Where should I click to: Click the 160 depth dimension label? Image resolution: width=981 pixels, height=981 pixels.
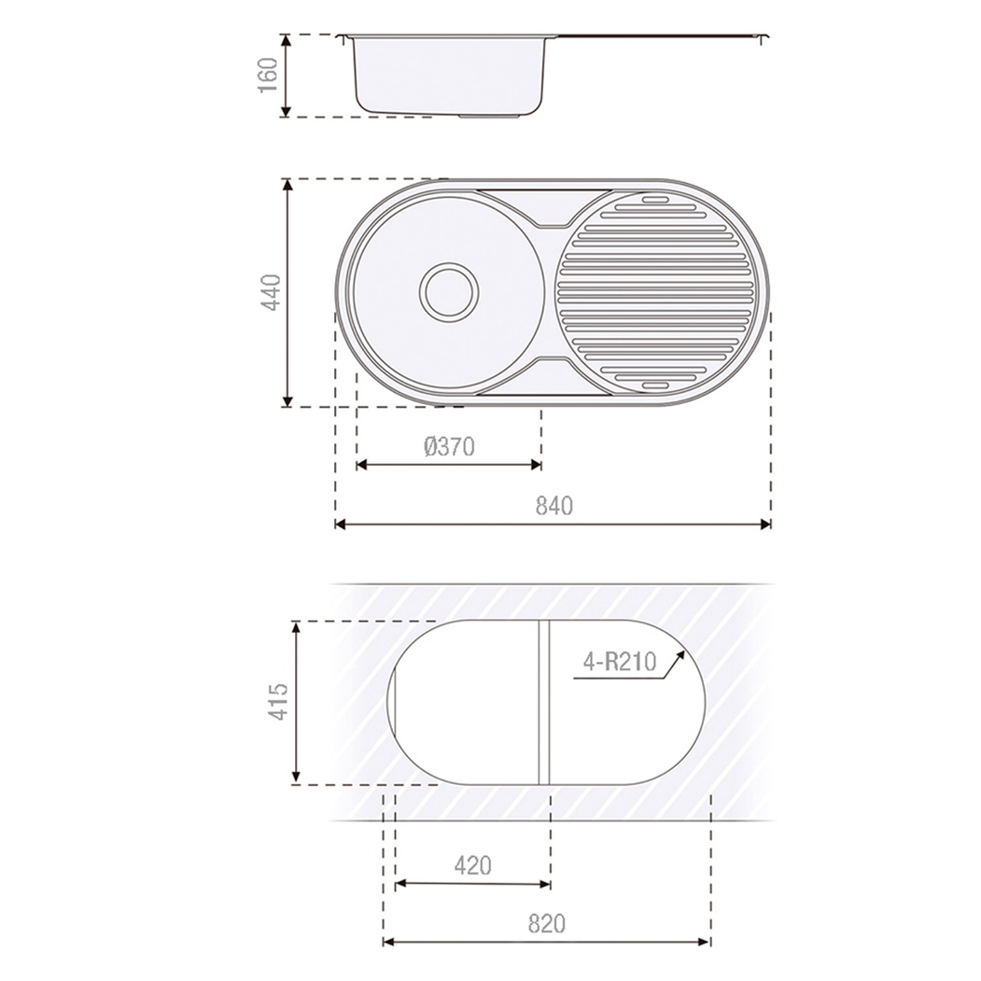pyautogui.click(x=268, y=75)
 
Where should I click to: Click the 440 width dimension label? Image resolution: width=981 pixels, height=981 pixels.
pyautogui.click(x=272, y=292)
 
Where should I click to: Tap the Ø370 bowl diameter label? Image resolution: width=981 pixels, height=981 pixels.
pyautogui.click(x=449, y=447)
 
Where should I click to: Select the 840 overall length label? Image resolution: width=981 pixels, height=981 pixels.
pyautogui.click(x=554, y=506)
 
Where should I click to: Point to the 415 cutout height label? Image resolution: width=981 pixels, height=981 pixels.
pyautogui.click(x=278, y=701)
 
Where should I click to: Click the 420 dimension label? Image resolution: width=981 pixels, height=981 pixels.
pyautogui.click(x=473, y=866)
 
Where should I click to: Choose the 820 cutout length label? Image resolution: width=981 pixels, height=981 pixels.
pyautogui.click(x=547, y=923)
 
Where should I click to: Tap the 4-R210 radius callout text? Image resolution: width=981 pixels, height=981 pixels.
pyautogui.click(x=620, y=661)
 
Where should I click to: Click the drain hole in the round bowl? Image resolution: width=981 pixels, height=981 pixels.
pyautogui.click(x=449, y=292)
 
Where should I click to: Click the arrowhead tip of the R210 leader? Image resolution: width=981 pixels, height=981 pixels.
pyautogui.click(x=685, y=652)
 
